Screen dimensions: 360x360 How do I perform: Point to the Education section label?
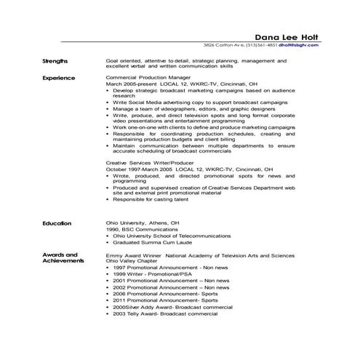pos(57,223)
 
